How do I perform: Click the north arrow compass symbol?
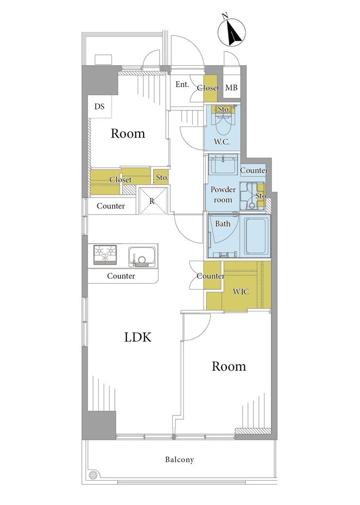tap(232, 32)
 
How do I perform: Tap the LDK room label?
tap(138, 337)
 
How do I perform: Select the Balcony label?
tap(180, 460)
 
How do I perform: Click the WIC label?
tap(241, 291)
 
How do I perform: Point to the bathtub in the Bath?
tap(257, 236)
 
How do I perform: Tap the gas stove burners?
tap(105, 255)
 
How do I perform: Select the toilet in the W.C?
tap(223, 124)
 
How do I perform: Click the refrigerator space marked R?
tap(154, 201)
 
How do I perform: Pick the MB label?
tap(231, 87)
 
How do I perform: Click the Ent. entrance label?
tap(182, 85)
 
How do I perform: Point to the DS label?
tap(100, 107)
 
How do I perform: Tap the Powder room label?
tap(223, 195)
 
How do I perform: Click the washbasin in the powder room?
tap(223, 164)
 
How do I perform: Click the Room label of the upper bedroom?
tap(128, 133)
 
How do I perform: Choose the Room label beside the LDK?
tap(229, 366)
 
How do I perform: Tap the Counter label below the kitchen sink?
tap(121, 276)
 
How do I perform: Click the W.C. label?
tap(222, 142)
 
